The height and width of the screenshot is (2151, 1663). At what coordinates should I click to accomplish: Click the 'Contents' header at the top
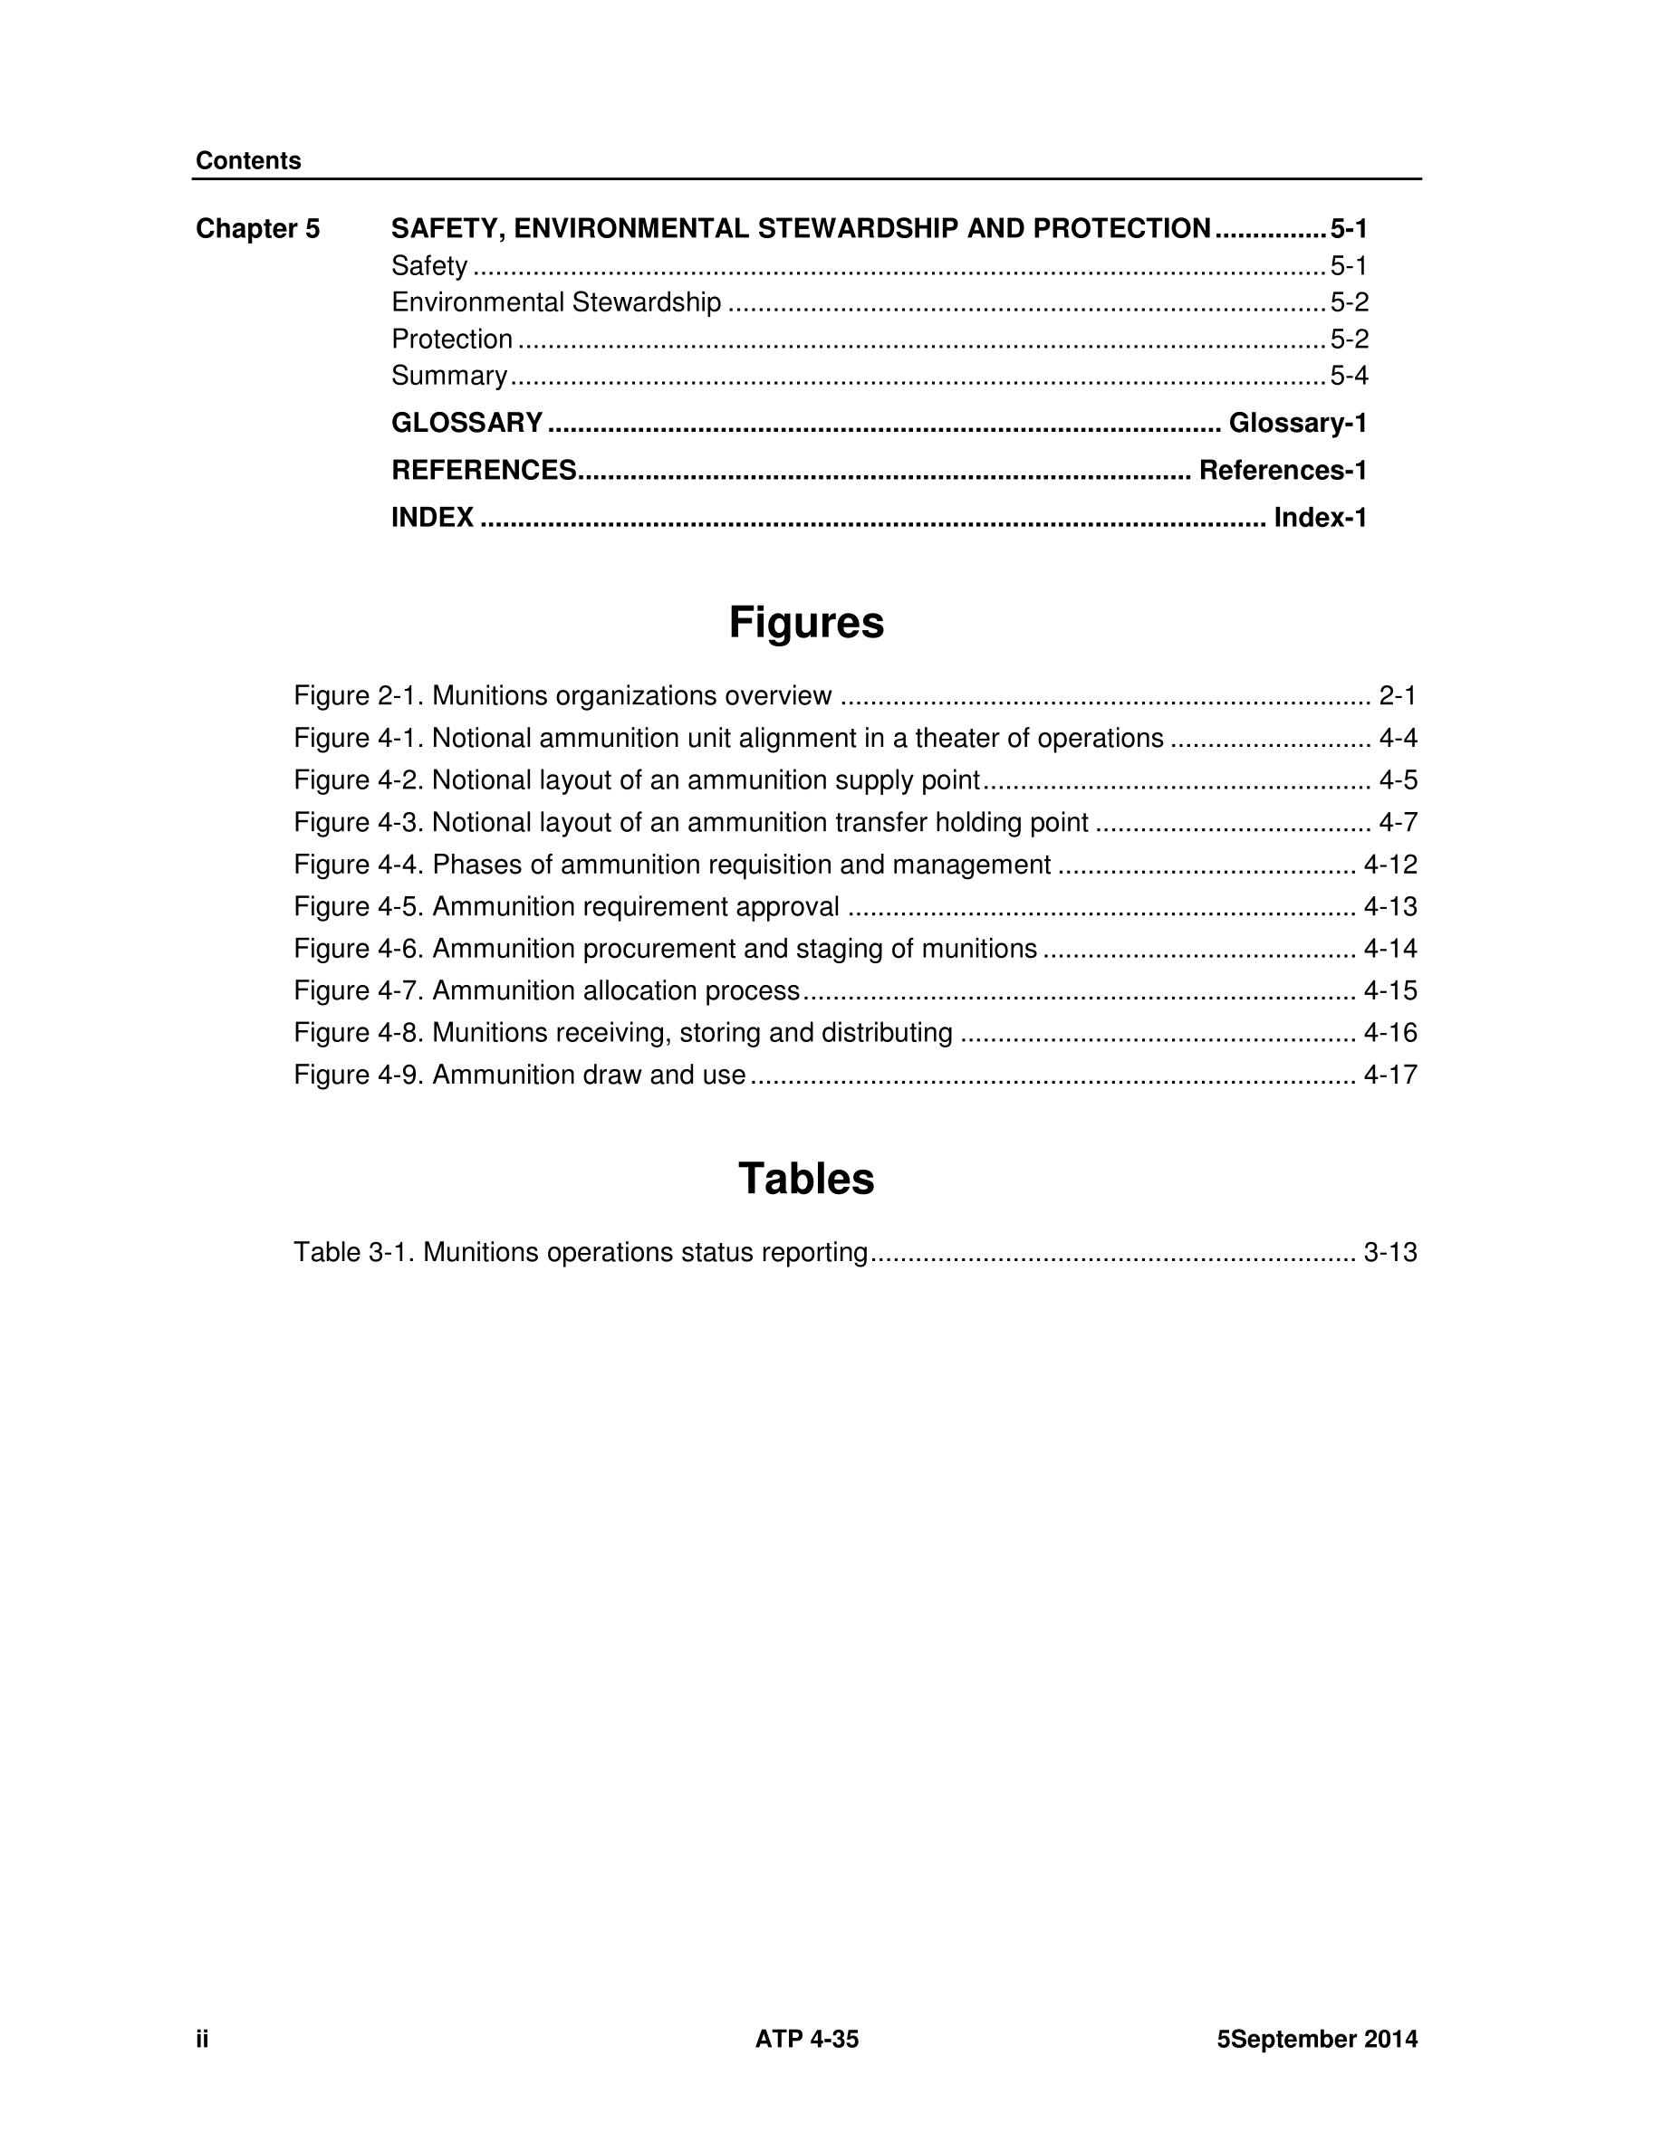[x=248, y=160]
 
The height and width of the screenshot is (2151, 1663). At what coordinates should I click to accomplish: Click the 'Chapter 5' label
[x=257, y=228]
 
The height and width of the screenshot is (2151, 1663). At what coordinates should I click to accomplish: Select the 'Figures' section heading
[x=806, y=623]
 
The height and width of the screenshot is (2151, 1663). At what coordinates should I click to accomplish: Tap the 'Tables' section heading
[x=806, y=1179]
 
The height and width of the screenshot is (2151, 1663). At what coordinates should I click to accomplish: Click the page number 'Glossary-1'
[x=1297, y=423]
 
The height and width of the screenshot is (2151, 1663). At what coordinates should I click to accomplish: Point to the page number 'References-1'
[x=1283, y=470]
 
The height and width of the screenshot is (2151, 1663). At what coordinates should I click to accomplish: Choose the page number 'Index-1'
[x=1320, y=517]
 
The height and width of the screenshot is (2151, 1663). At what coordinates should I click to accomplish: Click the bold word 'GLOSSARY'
[x=467, y=423]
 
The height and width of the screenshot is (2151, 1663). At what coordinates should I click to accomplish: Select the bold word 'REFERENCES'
[x=484, y=470]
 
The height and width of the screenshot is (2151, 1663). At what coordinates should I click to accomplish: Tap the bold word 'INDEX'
[x=432, y=517]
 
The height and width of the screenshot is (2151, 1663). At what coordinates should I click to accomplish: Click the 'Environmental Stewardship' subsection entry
[x=555, y=302]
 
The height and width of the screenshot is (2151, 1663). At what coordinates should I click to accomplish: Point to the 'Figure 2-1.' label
[x=360, y=695]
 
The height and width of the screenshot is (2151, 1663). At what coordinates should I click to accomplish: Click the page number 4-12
[x=1390, y=865]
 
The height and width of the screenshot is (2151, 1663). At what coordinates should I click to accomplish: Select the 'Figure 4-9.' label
[x=360, y=1075]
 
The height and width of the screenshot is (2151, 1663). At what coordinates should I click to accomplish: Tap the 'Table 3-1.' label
[x=356, y=1252]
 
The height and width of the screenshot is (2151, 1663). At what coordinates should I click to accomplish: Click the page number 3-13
[x=1390, y=1252]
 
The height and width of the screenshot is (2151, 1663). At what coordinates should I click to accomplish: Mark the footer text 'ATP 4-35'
[x=807, y=2039]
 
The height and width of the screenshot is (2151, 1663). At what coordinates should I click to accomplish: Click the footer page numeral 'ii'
[x=202, y=2039]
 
